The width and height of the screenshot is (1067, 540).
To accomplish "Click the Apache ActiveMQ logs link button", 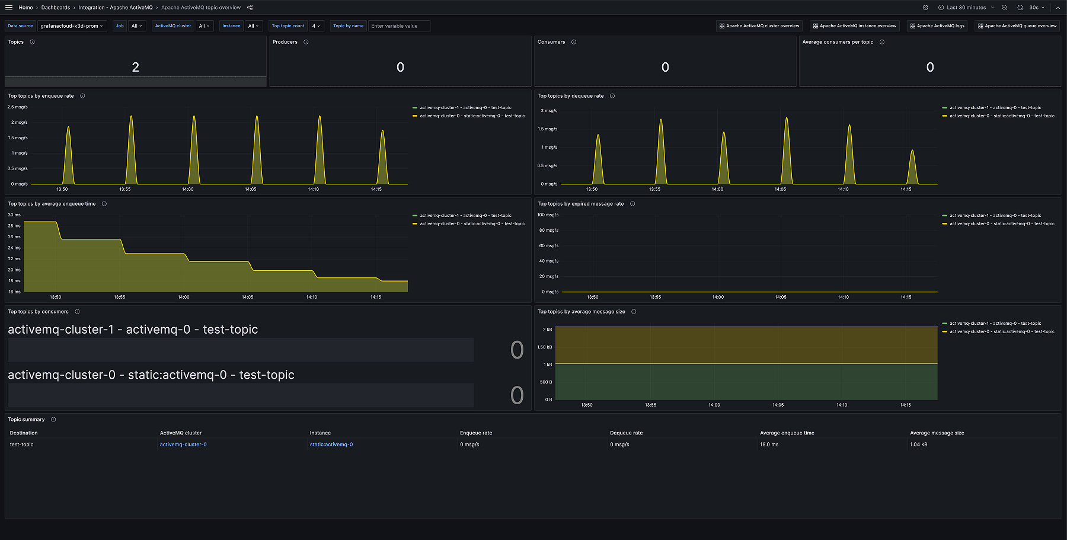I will pos(937,26).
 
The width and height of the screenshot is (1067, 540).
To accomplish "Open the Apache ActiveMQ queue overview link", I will pos(1017,26).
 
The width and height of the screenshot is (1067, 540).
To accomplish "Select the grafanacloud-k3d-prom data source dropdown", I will pos(72,26).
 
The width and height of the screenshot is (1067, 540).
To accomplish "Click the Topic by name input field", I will pos(399,26).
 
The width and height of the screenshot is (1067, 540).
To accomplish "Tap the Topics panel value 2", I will pos(135,68).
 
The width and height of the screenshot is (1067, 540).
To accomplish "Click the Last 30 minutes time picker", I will pos(966,8).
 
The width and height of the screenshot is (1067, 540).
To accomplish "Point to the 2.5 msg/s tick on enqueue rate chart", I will pos(17,107).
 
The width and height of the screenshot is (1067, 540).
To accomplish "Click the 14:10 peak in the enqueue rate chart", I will pos(320,117).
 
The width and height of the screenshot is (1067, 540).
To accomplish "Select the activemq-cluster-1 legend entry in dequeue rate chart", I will pos(995,108).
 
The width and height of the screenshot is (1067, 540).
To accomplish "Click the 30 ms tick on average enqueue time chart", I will pos(14,215).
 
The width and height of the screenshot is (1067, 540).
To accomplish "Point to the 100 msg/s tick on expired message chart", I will pos(548,215).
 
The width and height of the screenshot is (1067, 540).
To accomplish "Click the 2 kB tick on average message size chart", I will pos(547,330).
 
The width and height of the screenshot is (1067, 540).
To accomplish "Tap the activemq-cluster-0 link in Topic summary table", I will pos(183,445).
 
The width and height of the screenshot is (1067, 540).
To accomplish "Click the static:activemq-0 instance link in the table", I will pos(331,445).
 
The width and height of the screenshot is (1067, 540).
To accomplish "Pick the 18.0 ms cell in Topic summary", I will pos(769,445).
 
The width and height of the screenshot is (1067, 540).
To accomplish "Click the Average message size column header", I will pos(937,433).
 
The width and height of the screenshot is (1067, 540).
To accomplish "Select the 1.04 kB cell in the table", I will pos(919,445).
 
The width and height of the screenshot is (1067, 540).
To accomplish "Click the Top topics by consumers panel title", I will pos(38,312).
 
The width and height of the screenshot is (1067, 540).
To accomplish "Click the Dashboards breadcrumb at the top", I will pos(55,8).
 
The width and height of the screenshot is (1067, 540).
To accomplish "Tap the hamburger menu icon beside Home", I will pos(9,8).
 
